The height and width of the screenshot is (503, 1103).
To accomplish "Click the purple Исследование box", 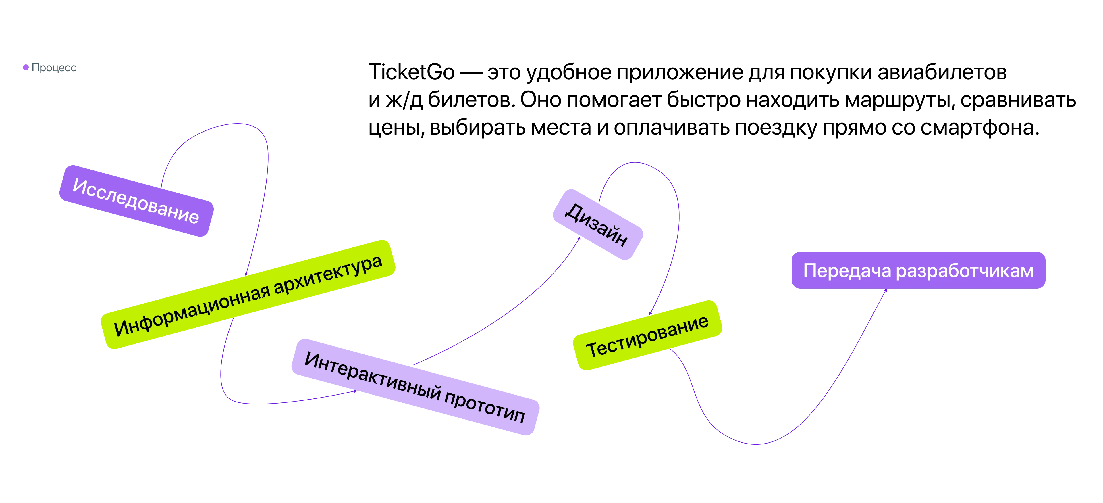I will click(x=136, y=200).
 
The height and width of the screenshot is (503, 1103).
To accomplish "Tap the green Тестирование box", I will click(x=647, y=335).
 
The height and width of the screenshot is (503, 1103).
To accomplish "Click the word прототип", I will click(x=485, y=409).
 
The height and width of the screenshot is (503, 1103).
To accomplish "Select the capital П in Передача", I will click(x=810, y=271).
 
